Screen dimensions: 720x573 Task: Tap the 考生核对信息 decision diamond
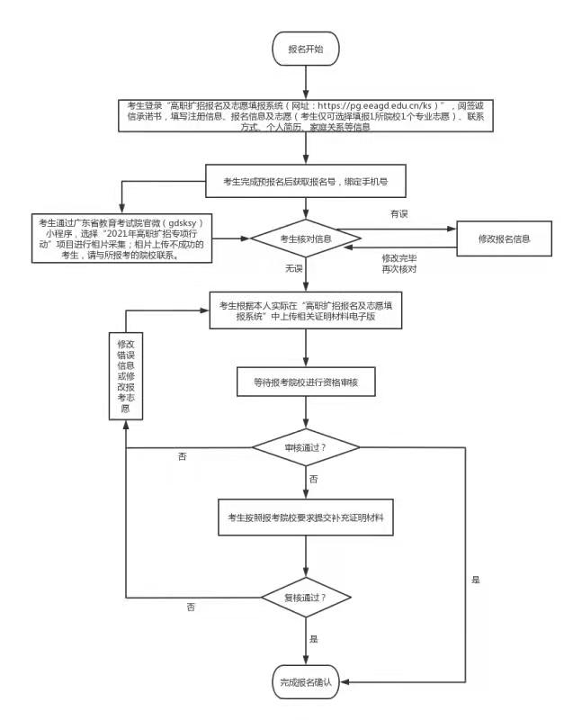coord(306,238)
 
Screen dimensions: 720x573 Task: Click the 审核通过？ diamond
coord(306,447)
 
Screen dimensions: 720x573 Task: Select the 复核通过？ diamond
coord(306,597)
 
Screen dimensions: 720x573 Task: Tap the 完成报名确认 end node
coord(306,681)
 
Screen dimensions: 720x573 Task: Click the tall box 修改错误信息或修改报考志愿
coord(125,376)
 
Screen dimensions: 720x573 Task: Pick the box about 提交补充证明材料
coord(306,517)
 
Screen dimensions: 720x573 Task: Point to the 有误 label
coord(398,213)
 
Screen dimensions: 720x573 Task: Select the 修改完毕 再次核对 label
coord(398,264)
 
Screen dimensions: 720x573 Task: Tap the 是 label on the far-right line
coord(475,580)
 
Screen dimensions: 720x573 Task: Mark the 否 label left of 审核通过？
coord(183,457)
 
